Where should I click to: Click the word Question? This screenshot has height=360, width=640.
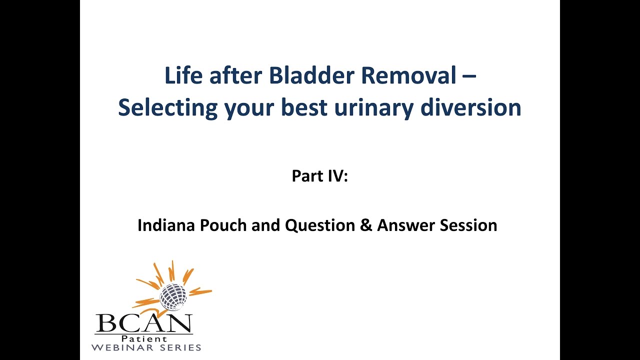(321, 225)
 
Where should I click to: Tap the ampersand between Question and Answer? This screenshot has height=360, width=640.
(367, 225)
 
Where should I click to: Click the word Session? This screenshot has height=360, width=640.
(468, 225)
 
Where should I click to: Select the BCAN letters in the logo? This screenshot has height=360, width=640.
(144, 323)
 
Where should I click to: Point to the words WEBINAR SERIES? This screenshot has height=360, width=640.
(147, 347)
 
